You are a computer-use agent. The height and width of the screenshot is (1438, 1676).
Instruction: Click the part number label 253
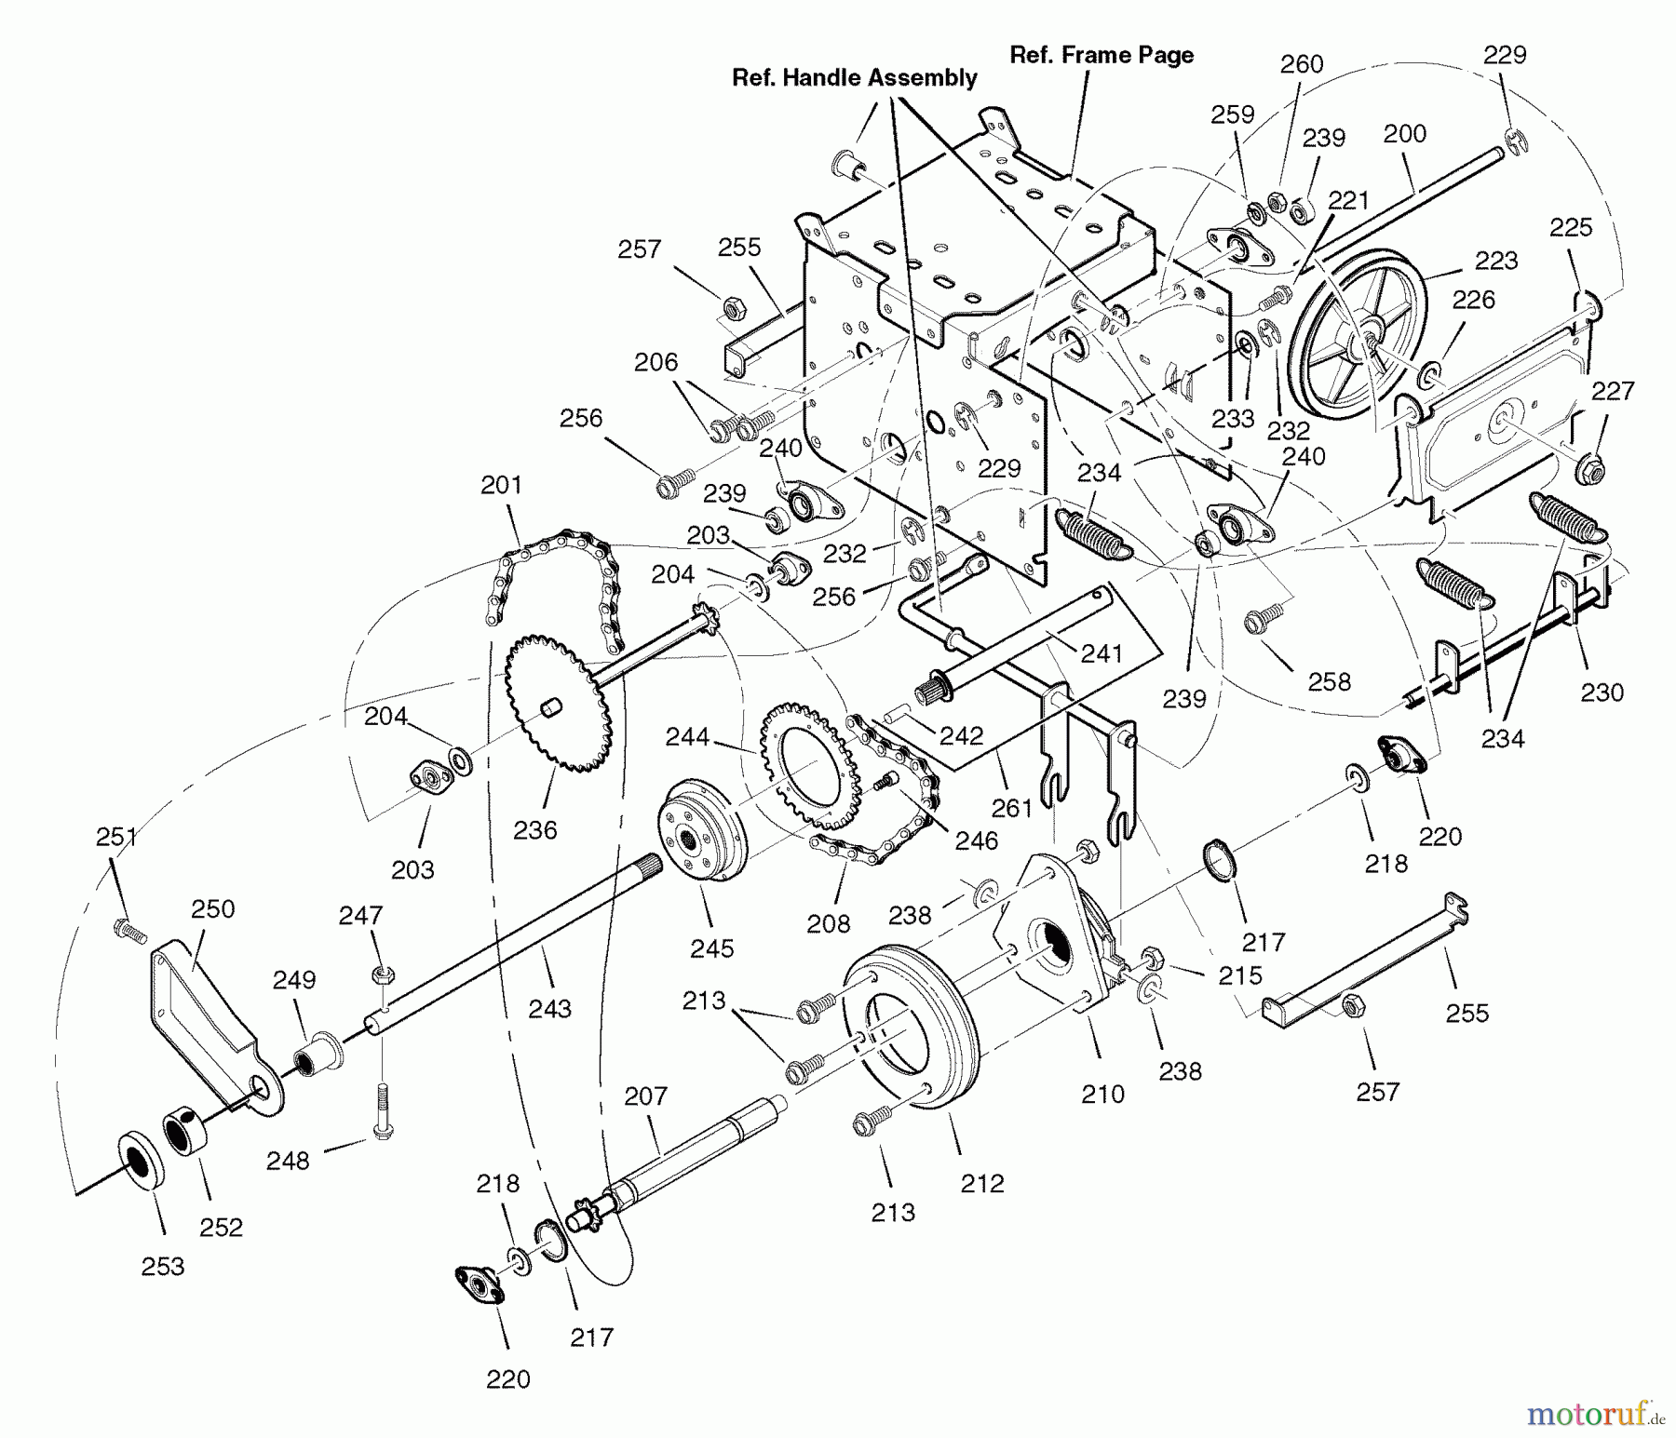pyautogui.click(x=163, y=1266)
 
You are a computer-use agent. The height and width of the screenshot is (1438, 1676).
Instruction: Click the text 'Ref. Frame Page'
pyautogui.click(x=1102, y=56)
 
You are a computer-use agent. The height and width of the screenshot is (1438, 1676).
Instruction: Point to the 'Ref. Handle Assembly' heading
pyautogui.click(x=854, y=78)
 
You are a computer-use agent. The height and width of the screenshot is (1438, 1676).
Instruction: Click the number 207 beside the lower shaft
pyautogui.click(x=645, y=1096)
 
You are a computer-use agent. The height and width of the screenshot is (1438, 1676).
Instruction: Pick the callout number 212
pyautogui.click(x=982, y=1183)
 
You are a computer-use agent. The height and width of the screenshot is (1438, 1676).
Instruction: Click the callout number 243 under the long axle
pyautogui.click(x=549, y=1008)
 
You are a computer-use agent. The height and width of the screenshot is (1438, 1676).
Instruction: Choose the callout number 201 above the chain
pyautogui.click(x=501, y=485)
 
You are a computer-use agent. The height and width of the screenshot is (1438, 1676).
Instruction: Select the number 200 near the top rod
pyautogui.click(x=1404, y=134)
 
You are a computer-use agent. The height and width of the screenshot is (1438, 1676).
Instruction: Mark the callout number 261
pyautogui.click(x=1012, y=808)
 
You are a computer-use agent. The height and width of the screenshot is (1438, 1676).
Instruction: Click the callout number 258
pyautogui.click(x=1329, y=681)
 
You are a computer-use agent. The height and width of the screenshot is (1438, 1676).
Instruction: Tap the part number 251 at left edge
pyautogui.click(x=116, y=838)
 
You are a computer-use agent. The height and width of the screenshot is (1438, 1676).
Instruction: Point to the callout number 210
pyautogui.click(x=1102, y=1094)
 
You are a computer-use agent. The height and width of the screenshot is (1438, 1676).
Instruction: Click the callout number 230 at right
pyautogui.click(x=1602, y=692)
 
